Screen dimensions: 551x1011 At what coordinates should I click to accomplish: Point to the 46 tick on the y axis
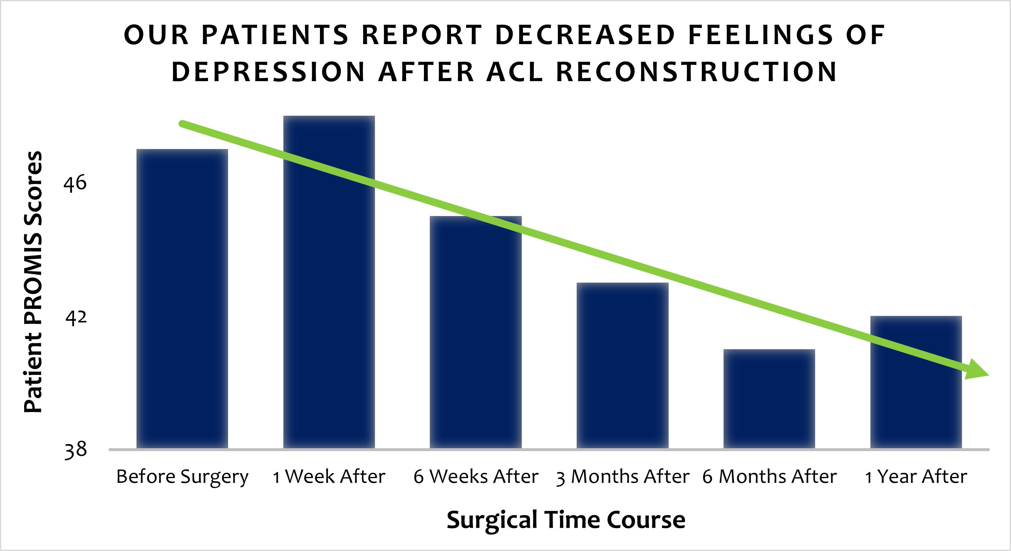click(75, 183)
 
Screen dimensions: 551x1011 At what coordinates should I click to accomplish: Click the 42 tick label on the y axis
click(76, 318)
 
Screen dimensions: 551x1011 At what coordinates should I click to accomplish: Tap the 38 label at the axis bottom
click(76, 450)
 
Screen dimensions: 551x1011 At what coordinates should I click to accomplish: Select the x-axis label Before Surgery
click(182, 477)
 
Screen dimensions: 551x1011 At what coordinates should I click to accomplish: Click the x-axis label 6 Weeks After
click(476, 477)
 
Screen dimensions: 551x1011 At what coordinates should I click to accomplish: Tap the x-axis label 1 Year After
click(916, 477)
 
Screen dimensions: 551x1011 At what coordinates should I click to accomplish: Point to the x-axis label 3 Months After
click(622, 477)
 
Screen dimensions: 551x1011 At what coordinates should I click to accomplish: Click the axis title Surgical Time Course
click(566, 520)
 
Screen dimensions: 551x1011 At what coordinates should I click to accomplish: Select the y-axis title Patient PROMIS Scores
click(33, 282)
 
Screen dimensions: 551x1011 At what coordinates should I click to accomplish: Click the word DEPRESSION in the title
click(268, 72)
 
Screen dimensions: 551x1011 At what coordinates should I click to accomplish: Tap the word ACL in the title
click(515, 72)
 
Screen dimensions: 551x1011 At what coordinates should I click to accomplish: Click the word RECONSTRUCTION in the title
click(696, 72)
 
